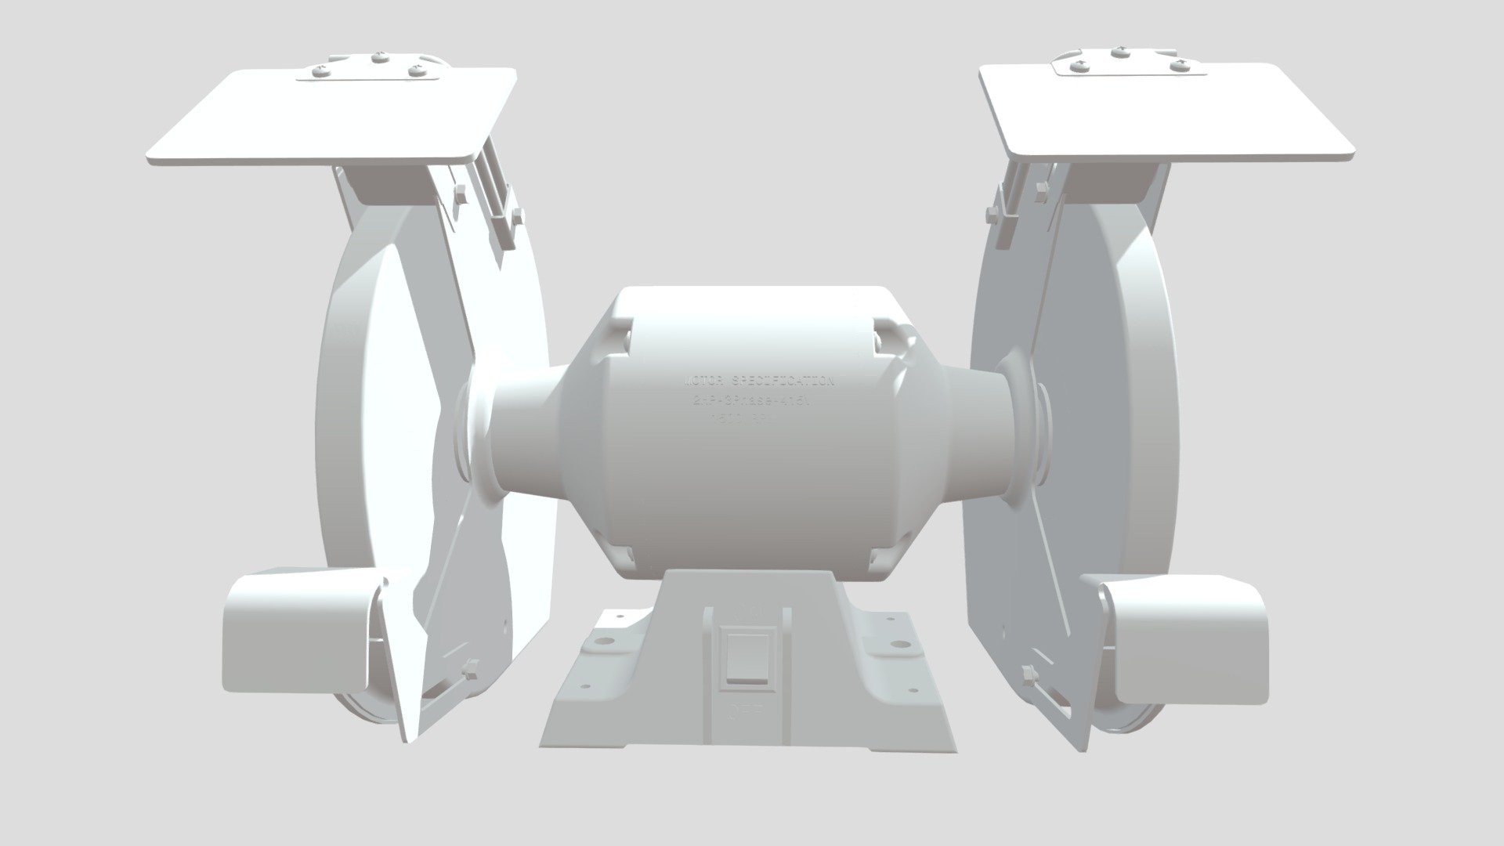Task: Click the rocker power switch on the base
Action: (x=748, y=660)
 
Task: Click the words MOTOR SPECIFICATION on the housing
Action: (x=759, y=382)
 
